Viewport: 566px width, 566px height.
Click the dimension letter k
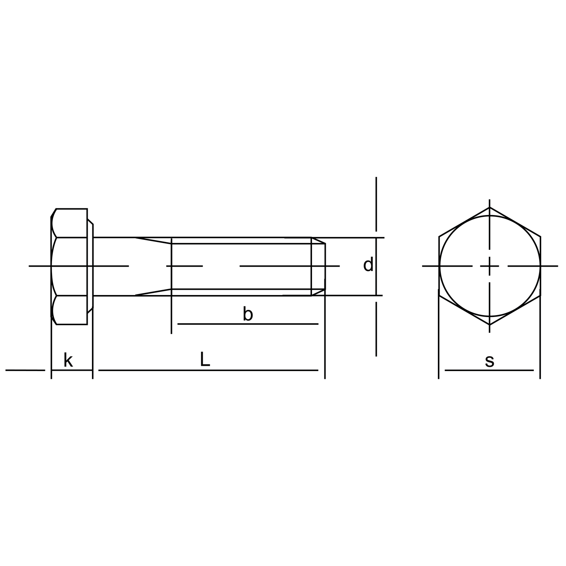[68, 360]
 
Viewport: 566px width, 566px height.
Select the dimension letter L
[205, 359]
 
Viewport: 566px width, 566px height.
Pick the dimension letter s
[489, 362]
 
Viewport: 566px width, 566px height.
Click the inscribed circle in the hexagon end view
[490, 215]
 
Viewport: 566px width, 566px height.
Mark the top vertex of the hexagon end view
[490, 207]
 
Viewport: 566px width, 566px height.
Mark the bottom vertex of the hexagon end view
[490, 324]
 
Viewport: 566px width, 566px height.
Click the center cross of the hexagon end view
[490, 266]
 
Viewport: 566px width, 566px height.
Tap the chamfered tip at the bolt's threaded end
[318, 266]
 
